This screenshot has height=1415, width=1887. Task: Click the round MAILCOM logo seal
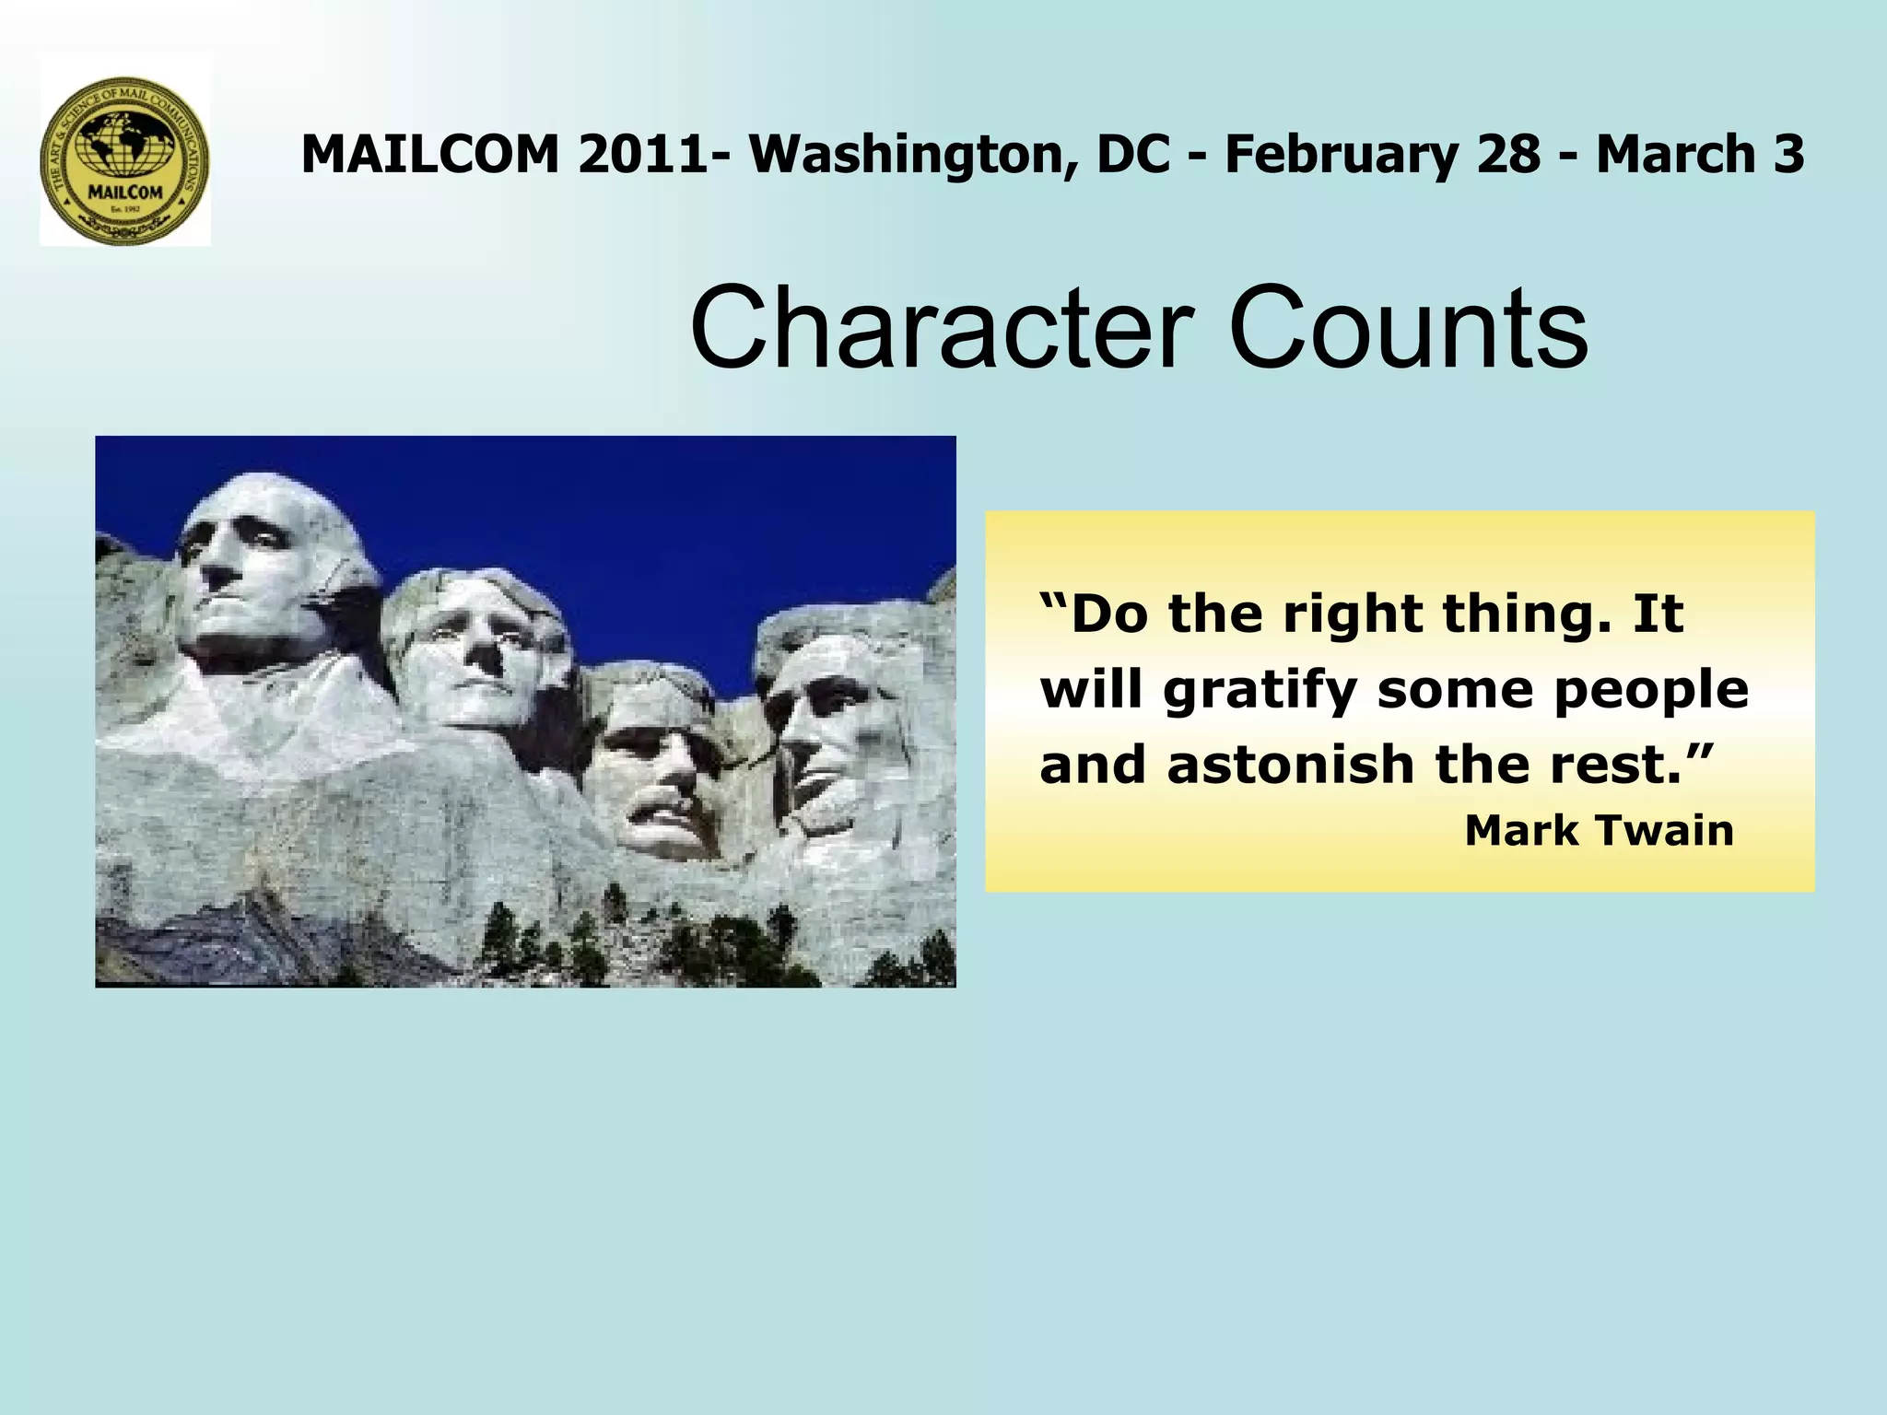click(x=125, y=159)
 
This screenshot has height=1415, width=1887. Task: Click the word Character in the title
click(x=941, y=329)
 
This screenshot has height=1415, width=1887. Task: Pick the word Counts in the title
click(x=1410, y=329)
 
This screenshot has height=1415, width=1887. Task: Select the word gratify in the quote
click(x=1260, y=691)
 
